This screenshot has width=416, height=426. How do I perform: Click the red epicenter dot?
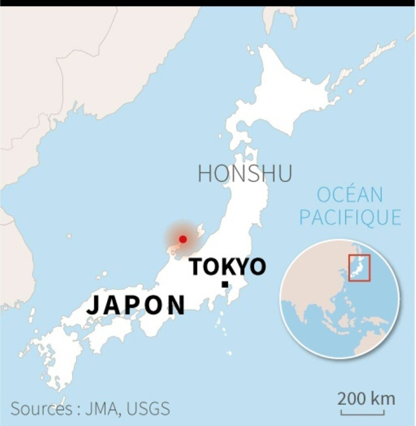pos(183,239)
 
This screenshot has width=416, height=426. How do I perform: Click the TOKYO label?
pos(228,267)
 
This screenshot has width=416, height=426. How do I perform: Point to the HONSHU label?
pos(245,173)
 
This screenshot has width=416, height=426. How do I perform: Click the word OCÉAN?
pos(350,195)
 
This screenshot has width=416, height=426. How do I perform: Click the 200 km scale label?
pos(366,398)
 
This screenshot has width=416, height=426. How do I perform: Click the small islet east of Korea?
pos(69,236)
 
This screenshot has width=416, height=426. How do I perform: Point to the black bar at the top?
pos(208,3)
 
